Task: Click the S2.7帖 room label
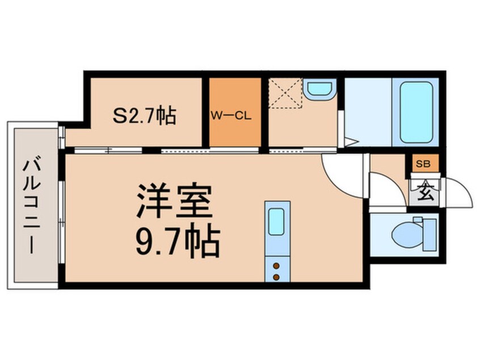[144, 116]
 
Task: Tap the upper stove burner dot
[276, 265]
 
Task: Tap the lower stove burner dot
[276, 277]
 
